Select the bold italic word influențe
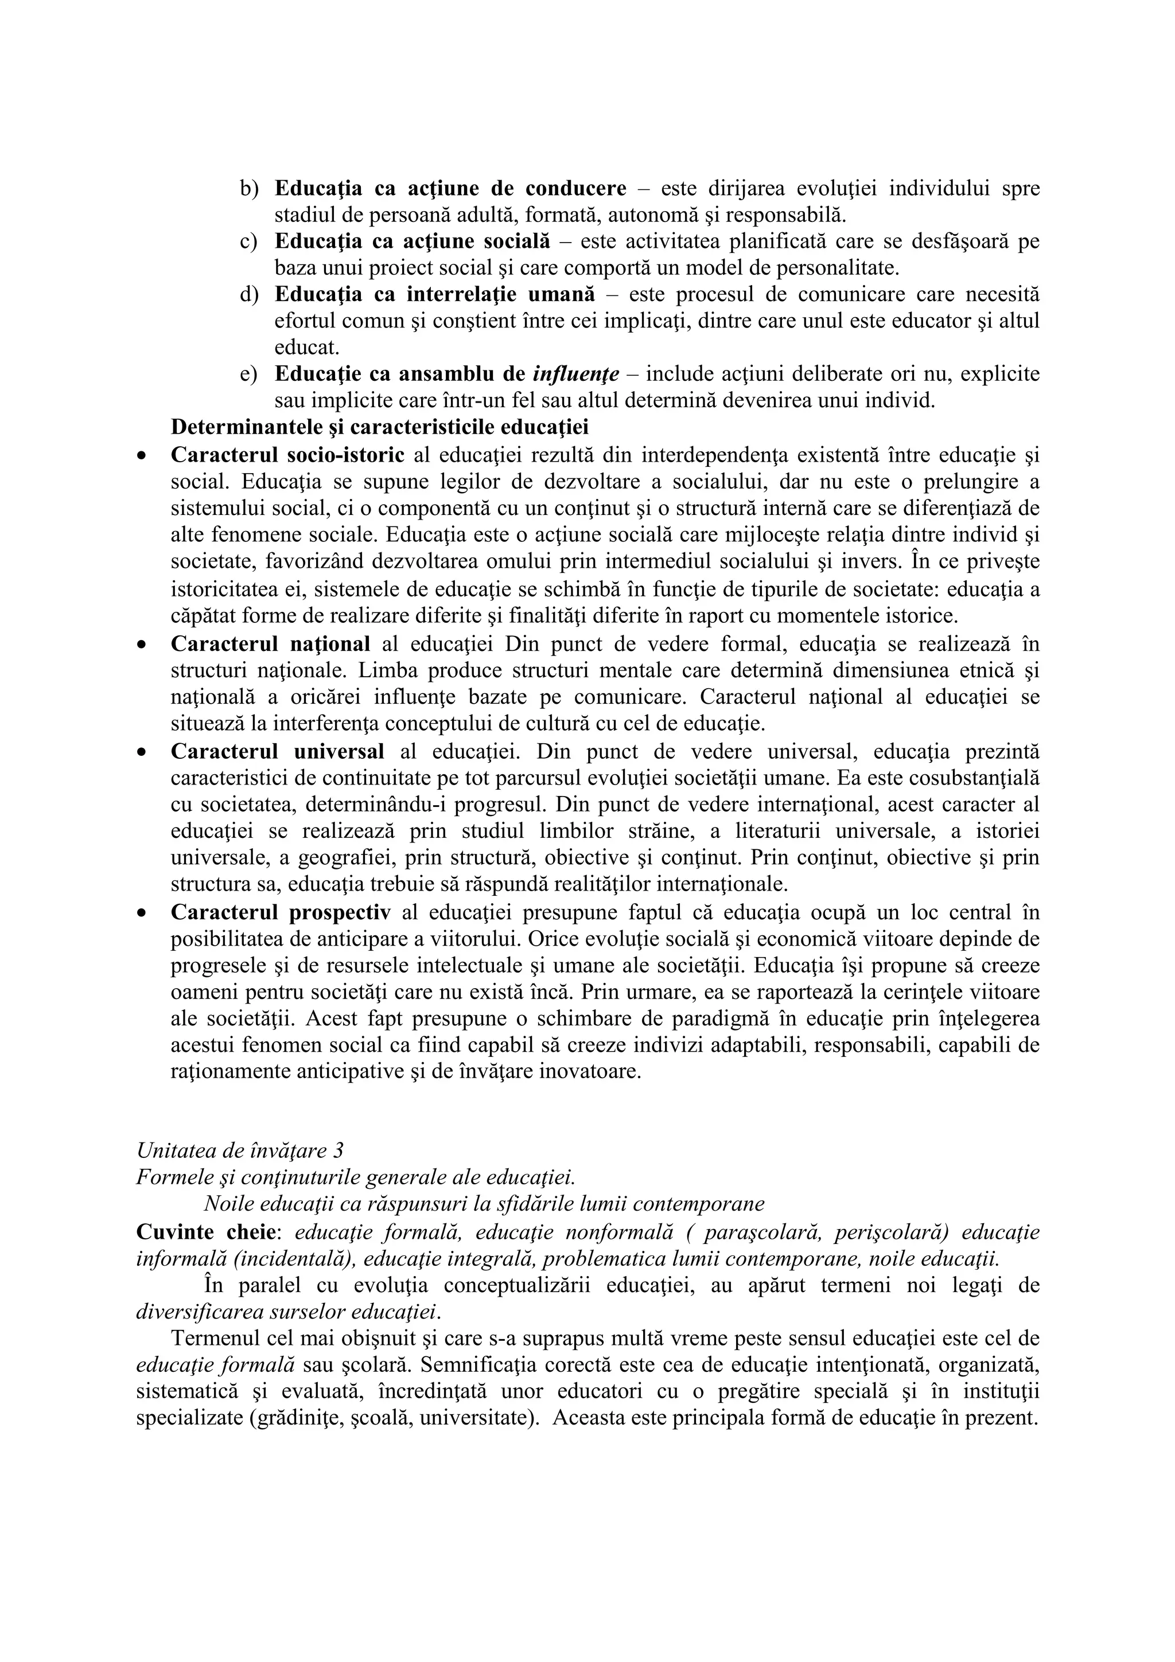click(575, 375)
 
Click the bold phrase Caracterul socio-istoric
click(287, 455)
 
